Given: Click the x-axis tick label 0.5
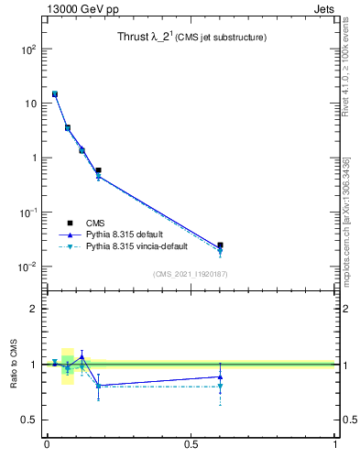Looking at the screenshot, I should [x=191, y=445].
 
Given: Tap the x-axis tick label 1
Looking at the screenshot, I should [x=335, y=445].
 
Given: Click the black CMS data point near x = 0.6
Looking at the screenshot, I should [x=220, y=245].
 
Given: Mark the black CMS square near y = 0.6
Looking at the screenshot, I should [x=98, y=170].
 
